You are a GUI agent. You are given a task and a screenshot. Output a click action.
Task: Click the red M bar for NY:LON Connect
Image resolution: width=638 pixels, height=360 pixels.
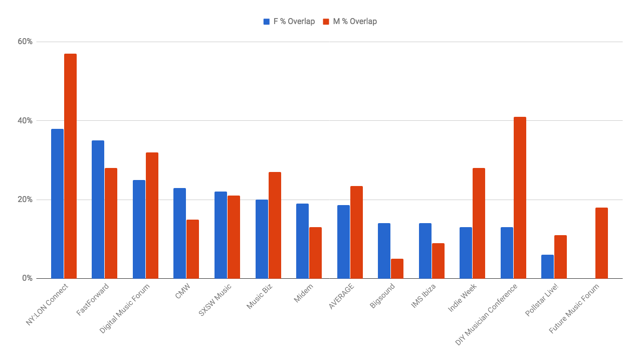coord(70,166)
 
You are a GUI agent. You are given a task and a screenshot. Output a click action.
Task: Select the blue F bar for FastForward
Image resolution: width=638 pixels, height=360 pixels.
coord(98,210)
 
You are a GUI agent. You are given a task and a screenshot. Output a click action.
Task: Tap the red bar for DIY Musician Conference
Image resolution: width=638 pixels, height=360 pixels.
coord(520,198)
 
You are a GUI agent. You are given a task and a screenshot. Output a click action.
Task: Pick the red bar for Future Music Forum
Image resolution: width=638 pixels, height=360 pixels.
coord(601,243)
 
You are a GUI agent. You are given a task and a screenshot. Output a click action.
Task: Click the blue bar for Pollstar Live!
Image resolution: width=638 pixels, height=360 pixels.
coord(547,267)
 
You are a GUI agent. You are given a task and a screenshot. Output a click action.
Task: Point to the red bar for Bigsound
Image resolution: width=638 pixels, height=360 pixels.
coord(397,269)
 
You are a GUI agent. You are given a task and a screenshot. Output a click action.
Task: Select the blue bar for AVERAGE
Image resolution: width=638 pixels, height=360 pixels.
coord(343,242)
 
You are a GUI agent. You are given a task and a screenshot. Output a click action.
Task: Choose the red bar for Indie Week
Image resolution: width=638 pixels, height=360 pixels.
coord(479,223)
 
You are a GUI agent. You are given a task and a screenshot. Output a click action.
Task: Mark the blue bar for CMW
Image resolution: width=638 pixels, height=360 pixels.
coord(180,233)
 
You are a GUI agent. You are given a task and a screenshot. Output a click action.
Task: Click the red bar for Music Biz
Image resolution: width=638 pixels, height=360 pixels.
coord(275,225)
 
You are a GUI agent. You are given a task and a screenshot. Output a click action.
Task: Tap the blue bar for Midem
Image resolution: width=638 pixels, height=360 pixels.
coord(303,241)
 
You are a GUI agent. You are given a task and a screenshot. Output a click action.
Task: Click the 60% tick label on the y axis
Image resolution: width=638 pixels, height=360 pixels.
coord(25,42)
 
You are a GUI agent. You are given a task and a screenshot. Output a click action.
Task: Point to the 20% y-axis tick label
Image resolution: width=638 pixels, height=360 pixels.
coord(25,200)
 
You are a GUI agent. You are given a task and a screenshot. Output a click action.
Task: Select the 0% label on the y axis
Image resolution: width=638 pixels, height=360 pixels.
coord(28,278)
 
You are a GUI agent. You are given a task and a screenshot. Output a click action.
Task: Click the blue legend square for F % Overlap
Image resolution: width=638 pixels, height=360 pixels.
coord(267,22)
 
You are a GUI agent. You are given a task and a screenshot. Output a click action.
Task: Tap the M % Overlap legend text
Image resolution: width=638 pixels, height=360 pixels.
coord(355,22)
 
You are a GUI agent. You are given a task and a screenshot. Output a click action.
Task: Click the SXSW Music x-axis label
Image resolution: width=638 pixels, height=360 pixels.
coord(215,300)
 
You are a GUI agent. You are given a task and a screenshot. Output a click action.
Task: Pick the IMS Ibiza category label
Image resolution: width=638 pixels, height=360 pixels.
coord(423,296)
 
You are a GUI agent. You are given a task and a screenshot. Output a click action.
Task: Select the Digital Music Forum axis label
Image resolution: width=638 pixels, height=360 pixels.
coord(124,309)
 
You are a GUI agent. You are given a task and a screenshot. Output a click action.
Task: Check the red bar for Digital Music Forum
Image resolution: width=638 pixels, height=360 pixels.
coord(152,216)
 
